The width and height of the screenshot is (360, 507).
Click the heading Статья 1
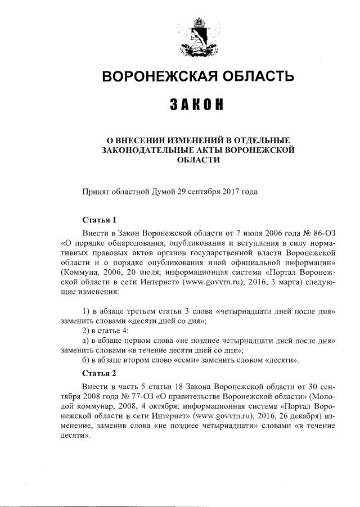click(x=98, y=220)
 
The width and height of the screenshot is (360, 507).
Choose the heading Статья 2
click(x=99, y=373)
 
